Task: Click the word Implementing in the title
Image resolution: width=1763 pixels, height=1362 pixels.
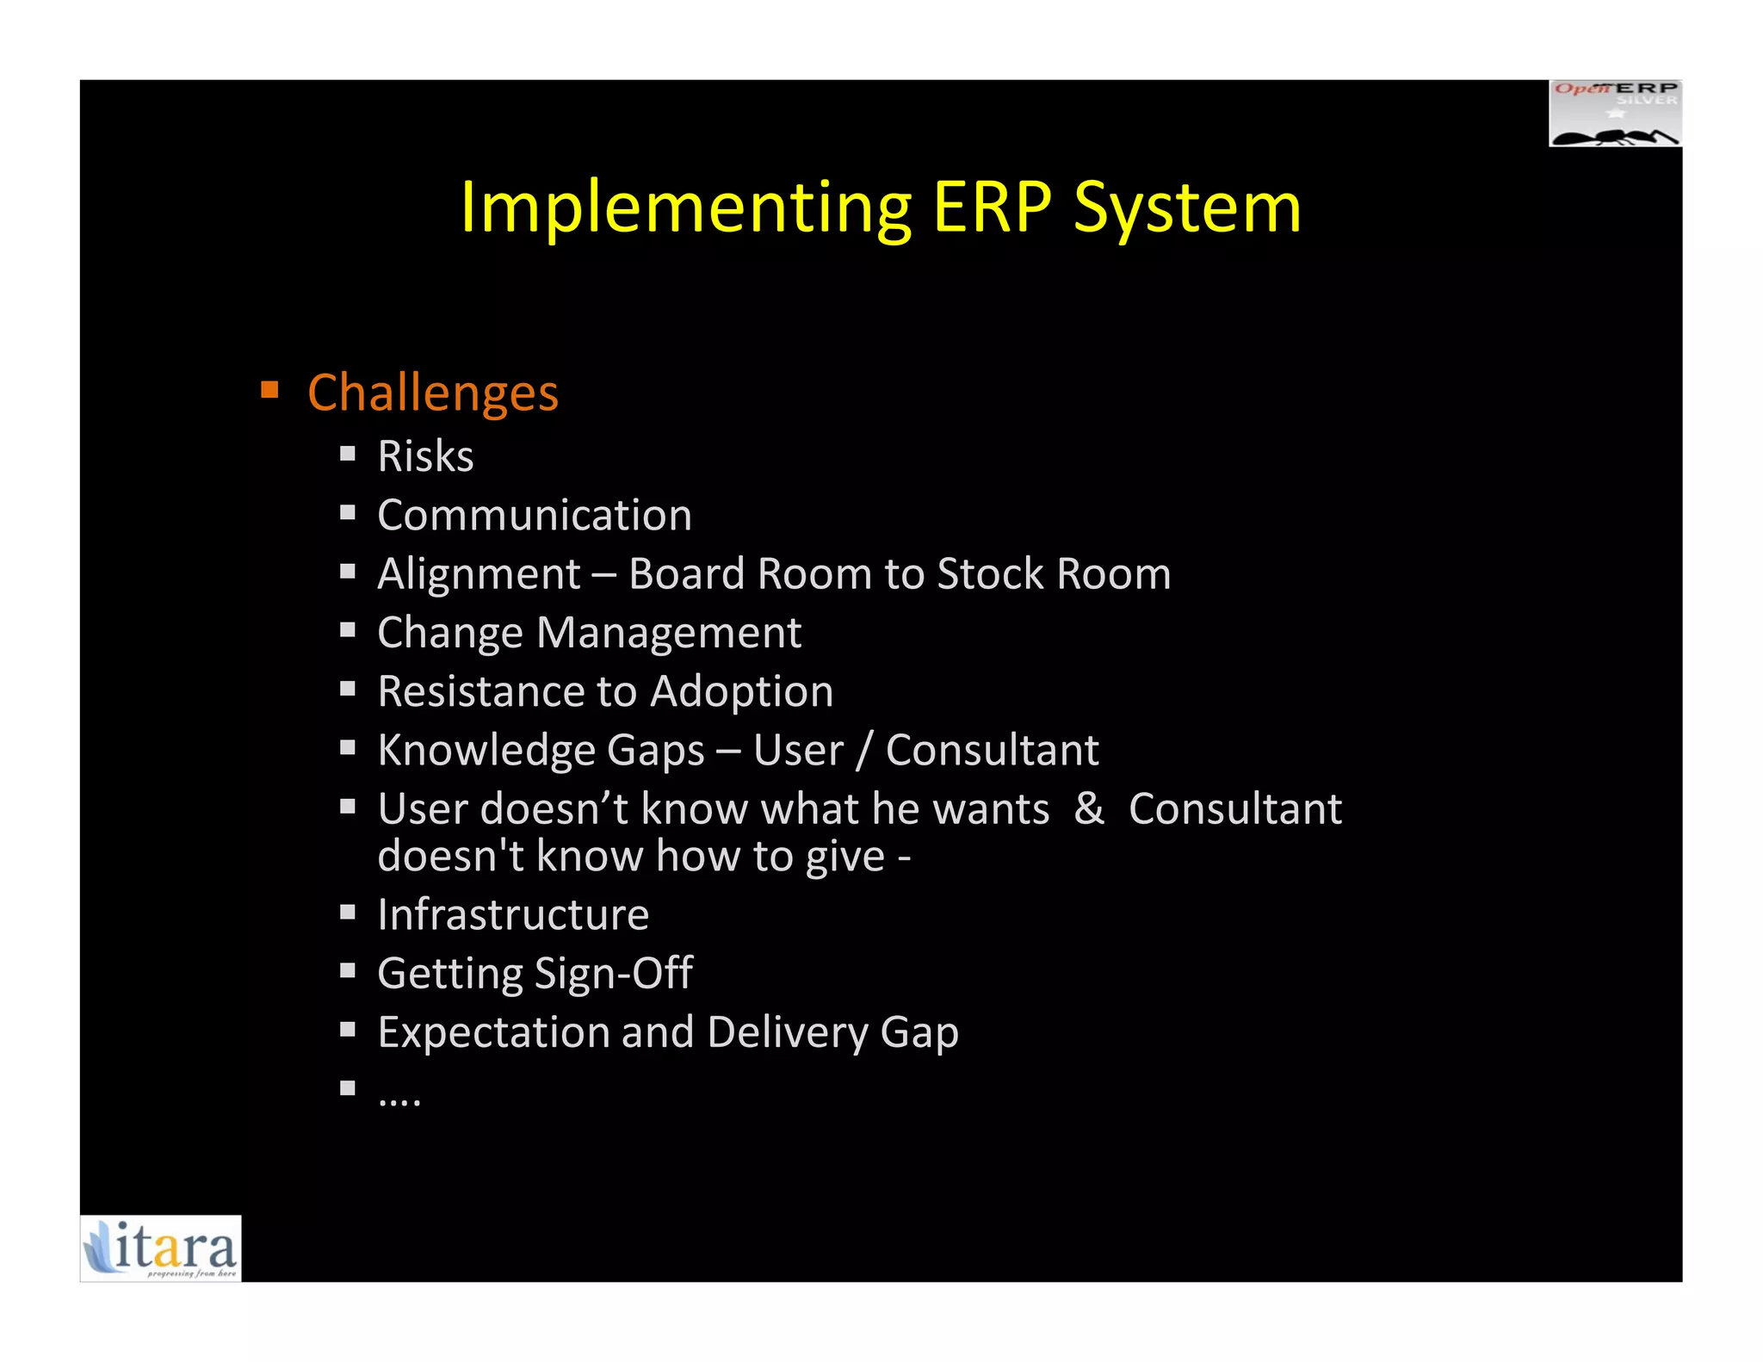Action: tap(685, 208)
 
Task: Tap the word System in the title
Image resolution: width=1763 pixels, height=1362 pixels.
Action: tap(1187, 208)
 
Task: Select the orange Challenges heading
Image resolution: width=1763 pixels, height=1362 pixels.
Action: tap(433, 393)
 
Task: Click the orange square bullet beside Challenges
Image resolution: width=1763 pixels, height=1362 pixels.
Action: tap(269, 391)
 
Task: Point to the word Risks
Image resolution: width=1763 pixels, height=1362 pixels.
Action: tap(425, 455)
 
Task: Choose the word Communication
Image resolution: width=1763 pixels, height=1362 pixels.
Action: tap(535, 515)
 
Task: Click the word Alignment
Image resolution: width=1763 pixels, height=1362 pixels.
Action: tap(479, 574)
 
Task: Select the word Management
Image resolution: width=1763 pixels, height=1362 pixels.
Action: tap(669, 633)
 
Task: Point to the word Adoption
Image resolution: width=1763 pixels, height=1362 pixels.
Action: tap(742, 691)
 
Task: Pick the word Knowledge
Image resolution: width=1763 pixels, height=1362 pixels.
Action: tap(486, 750)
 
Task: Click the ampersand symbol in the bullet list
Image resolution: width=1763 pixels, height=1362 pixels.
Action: tap(1089, 808)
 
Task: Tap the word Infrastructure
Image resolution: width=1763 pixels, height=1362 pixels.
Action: tap(513, 914)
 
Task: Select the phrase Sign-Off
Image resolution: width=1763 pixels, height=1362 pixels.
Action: tap(613, 974)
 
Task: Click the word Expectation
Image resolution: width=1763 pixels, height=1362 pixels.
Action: tap(492, 1032)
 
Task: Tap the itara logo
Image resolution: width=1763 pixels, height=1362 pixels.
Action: tap(161, 1248)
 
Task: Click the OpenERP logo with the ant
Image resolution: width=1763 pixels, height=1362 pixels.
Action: tap(1615, 114)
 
